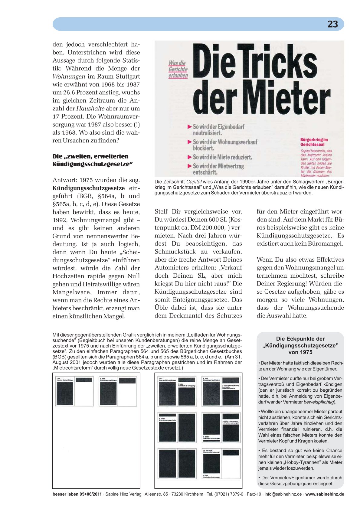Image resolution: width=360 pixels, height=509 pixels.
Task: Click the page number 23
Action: click(332, 24)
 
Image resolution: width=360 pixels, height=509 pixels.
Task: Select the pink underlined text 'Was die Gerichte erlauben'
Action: click(178, 69)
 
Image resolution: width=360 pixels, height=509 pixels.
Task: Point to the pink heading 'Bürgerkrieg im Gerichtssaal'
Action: click(314, 142)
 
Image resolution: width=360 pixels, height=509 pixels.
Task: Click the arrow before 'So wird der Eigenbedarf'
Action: click(190, 126)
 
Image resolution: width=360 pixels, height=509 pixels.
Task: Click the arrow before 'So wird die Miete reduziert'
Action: click(190, 157)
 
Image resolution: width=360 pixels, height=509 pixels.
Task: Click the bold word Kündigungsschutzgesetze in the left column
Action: click(89, 188)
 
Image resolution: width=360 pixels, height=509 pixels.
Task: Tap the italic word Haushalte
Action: click(90, 108)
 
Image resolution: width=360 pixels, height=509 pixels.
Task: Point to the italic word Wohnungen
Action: click(69, 76)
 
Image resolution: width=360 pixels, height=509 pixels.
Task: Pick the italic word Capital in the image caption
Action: click(194, 182)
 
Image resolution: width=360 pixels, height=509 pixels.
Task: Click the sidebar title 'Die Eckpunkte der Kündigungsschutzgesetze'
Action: click(300, 345)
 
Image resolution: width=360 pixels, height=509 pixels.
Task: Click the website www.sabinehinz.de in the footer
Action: click(325, 494)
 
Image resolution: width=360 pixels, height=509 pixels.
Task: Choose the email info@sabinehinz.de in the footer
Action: click(283, 494)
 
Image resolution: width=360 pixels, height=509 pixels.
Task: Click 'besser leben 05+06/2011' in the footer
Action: click(77, 494)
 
